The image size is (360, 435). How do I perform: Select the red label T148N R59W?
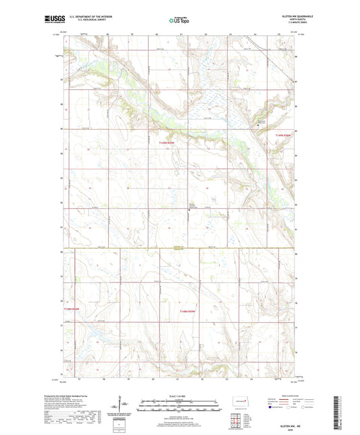[188, 311]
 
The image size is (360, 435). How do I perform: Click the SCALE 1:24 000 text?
[180, 396]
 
